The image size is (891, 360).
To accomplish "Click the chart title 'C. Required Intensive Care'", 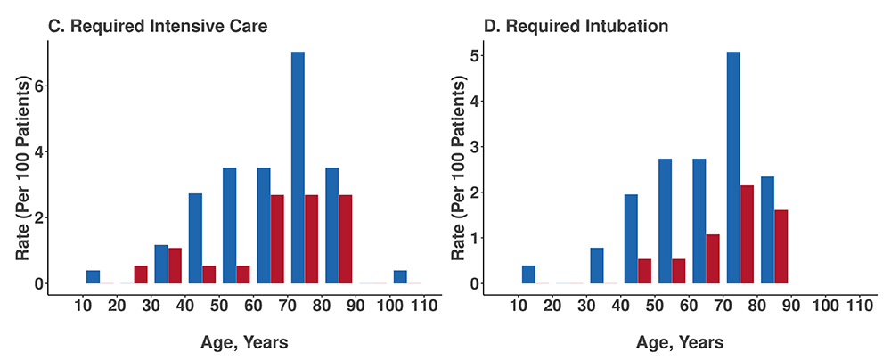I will click(x=158, y=26).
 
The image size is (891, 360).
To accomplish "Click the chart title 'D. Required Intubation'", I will click(x=576, y=26).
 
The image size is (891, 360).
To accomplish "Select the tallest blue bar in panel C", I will click(x=298, y=168).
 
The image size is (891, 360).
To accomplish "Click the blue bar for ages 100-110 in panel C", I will click(x=400, y=277).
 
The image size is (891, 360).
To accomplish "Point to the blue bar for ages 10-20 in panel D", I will click(x=528, y=274).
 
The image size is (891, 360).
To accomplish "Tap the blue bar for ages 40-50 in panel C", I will click(x=195, y=238).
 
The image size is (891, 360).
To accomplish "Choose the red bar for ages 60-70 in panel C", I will click(x=277, y=239).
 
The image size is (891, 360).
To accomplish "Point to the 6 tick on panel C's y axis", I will click(x=38, y=86).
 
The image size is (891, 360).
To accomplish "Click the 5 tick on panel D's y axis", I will click(x=475, y=56).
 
